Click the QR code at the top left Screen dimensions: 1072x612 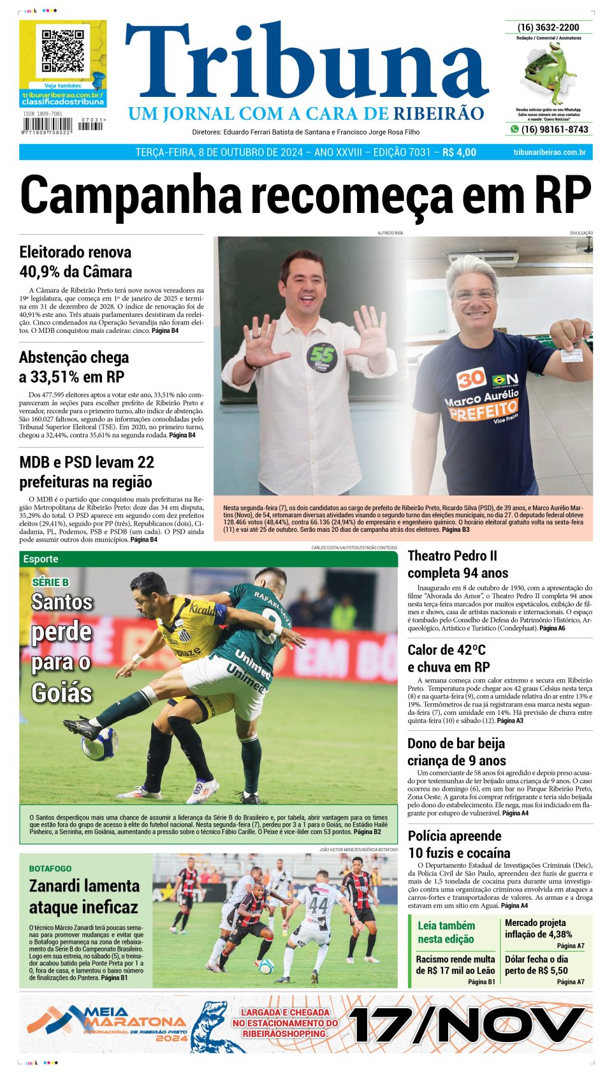(62, 50)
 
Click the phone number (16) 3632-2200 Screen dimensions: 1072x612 (548, 27)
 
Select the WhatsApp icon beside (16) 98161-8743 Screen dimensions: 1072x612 (514, 129)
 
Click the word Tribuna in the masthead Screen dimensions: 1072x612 (306, 64)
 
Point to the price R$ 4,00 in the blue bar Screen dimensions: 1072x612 (459, 152)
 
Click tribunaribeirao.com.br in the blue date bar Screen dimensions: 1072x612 (549, 152)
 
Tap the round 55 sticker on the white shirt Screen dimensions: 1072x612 (321, 358)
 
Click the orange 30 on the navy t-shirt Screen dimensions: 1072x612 (471, 379)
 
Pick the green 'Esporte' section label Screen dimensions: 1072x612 (41, 559)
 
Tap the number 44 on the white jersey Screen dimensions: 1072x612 (318, 906)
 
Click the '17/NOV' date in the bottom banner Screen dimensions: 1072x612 (466, 1025)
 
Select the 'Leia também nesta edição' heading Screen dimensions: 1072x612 (446, 932)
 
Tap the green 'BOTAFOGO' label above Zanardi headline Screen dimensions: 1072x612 (50, 869)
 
